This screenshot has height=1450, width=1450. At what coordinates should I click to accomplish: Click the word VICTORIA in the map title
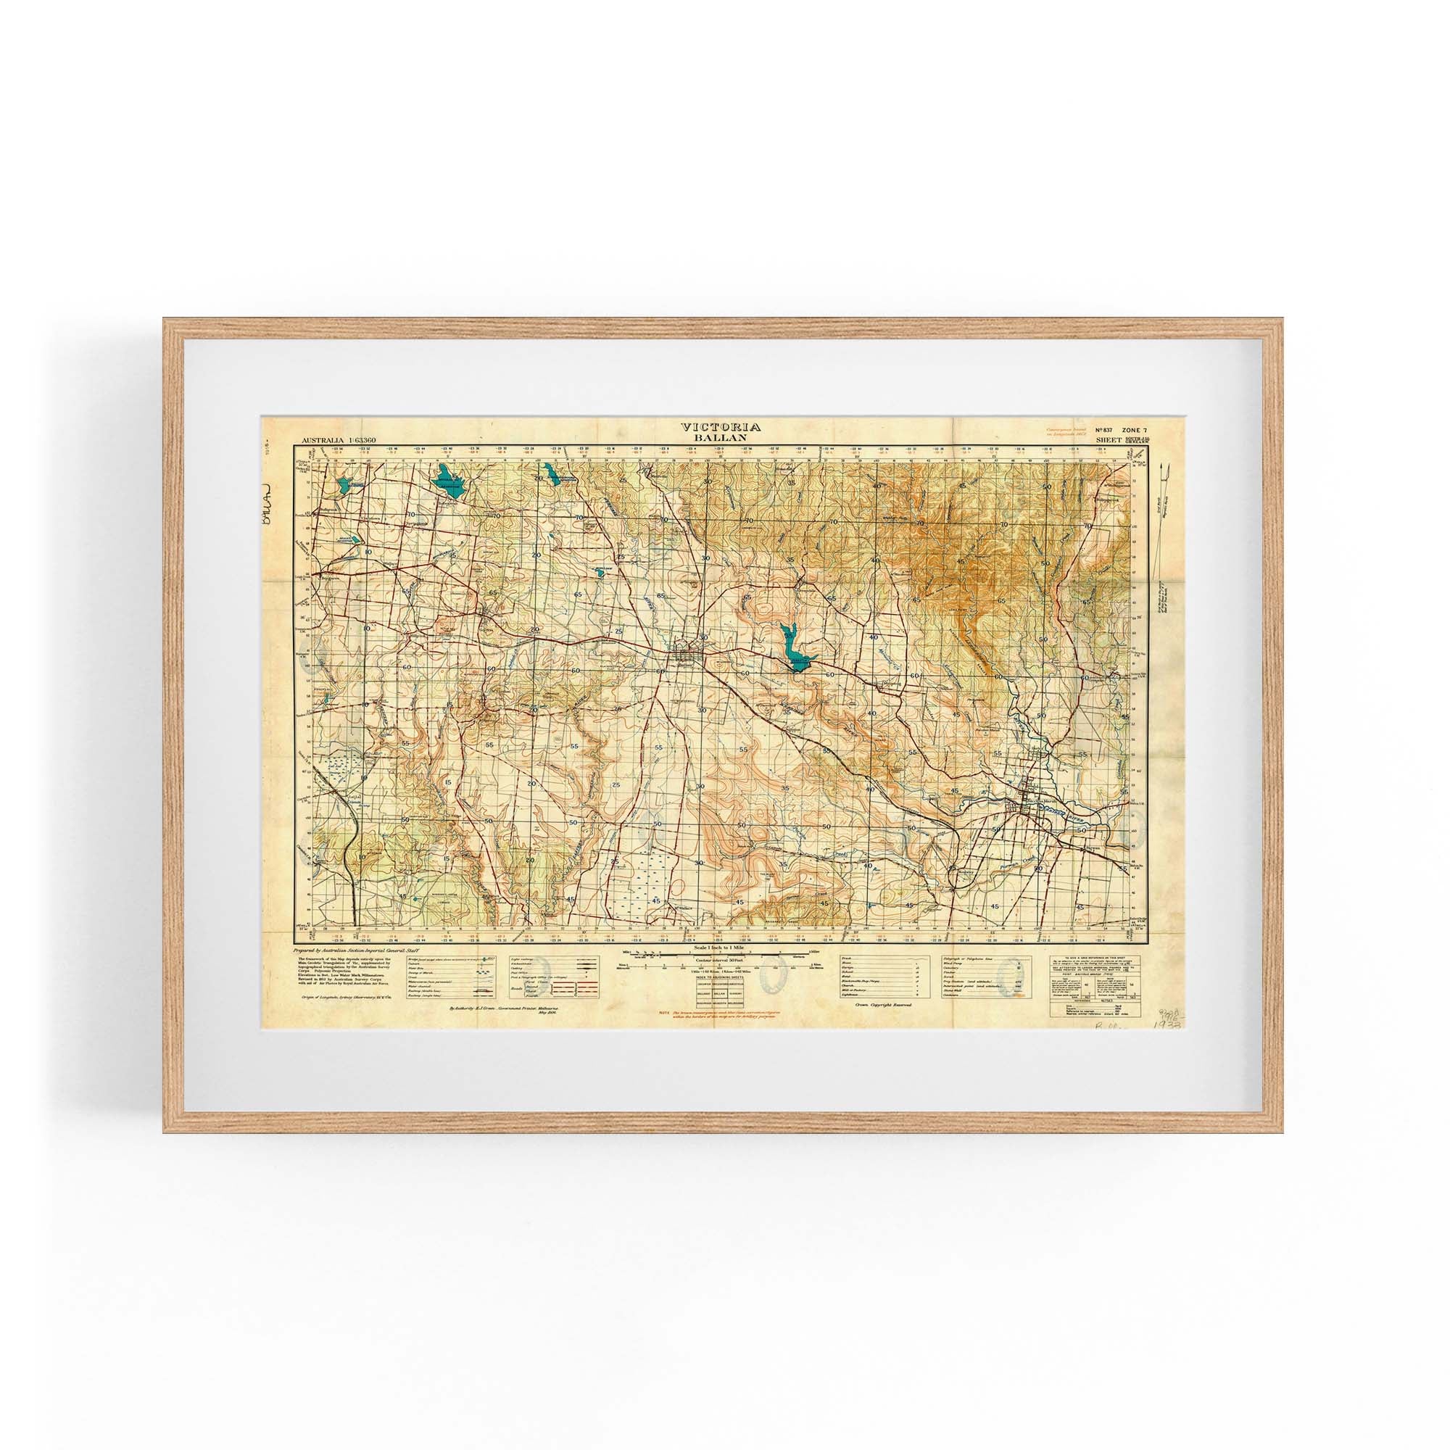pos(721,426)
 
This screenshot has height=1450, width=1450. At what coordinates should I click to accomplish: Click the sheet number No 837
pos(1106,429)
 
